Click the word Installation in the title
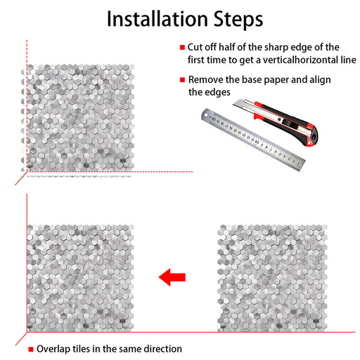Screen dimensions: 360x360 click(x=157, y=19)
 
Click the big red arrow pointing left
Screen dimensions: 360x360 click(x=172, y=277)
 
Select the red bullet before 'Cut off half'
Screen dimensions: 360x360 click(x=182, y=47)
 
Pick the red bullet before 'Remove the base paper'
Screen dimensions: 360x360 click(x=182, y=79)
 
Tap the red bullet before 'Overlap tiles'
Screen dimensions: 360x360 click(x=31, y=349)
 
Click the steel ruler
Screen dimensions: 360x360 click(x=253, y=139)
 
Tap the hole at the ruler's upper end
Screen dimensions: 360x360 click(x=206, y=115)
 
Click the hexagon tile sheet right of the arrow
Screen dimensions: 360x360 click(x=272, y=278)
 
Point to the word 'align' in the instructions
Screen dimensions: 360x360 click(x=320, y=80)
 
